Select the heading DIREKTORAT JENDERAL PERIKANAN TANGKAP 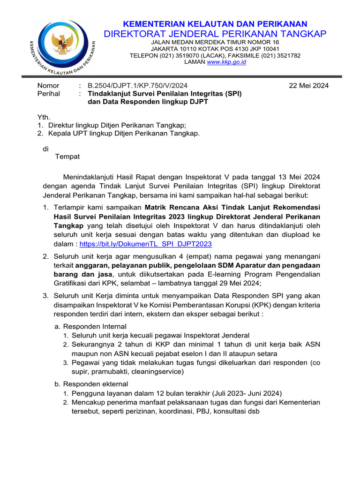[x=215, y=34]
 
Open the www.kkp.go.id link [x=226, y=62]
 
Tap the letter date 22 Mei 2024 [x=308, y=85]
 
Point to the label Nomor [x=48, y=85]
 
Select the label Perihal [x=49, y=93]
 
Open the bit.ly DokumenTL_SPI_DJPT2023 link [x=145, y=244]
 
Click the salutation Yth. [x=44, y=117]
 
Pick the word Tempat [x=67, y=156]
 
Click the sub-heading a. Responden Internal [x=90, y=326]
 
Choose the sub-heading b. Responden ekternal [x=90, y=384]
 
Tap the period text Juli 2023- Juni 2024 [x=250, y=393]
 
